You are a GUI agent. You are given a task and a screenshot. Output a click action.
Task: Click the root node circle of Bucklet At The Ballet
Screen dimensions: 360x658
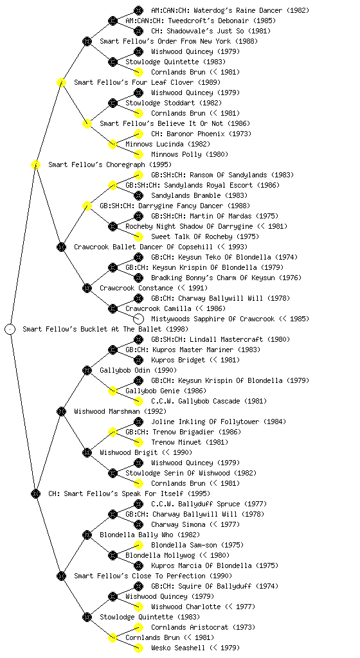click(10, 329)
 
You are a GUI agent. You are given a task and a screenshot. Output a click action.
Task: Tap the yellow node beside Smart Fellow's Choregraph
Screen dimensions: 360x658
click(35, 164)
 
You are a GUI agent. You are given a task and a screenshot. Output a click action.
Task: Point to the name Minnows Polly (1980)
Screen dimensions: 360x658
click(190, 154)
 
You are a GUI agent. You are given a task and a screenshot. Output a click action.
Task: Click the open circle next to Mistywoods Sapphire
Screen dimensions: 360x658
click(138, 319)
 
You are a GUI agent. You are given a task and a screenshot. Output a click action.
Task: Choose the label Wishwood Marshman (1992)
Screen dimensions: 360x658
click(120, 411)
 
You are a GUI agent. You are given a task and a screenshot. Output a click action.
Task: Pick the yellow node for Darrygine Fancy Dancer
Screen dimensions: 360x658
click(87, 206)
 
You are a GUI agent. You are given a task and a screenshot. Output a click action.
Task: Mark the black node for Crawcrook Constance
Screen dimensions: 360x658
click(87, 288)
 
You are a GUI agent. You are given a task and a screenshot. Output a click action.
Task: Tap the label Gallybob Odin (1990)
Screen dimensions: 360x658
click(138, 370)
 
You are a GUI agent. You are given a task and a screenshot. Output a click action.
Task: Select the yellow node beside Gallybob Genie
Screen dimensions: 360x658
click(113, 391)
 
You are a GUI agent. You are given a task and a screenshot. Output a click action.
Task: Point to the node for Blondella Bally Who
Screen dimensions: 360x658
click(87, 535)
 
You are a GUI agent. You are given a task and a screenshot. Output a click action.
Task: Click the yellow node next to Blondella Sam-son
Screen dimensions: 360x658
click(138, 545)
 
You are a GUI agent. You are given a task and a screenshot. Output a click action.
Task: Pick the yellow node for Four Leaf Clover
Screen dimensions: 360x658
click(61, 82)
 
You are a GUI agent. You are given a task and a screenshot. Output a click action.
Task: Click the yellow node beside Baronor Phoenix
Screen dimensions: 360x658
click(138, 134)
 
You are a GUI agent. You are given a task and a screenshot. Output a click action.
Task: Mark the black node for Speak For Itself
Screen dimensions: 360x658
click(35, 493)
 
